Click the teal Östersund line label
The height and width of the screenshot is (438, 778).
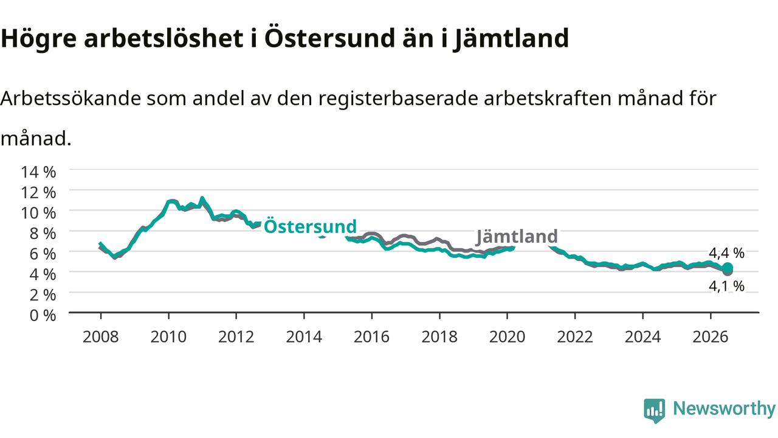[310, 227]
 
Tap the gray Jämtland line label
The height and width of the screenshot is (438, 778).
[517, 237]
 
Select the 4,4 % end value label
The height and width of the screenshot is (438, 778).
[726, 253]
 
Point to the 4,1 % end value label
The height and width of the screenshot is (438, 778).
[726, 286]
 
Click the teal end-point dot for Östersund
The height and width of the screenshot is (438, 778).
[728, 268]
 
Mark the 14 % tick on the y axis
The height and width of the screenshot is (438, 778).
[38, 172]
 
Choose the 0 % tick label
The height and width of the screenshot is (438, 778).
[43, 316]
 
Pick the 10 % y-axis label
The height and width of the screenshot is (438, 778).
[38, 213]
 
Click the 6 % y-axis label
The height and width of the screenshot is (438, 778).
[43, 254]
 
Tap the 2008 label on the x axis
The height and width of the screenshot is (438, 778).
[101, 337]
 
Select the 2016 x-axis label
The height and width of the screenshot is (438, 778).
[371, 337]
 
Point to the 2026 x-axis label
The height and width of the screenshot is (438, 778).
[711, 337]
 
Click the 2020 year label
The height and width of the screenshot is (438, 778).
[507, 337]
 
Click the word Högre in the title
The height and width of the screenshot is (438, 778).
[38, 39]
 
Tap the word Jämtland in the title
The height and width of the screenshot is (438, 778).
[512, 38]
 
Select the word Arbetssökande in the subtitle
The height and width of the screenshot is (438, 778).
[71, 99]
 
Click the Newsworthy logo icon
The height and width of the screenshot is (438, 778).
[655, 411]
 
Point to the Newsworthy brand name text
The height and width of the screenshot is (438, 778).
[725, 409]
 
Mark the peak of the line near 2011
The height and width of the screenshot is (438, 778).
[202, 198]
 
